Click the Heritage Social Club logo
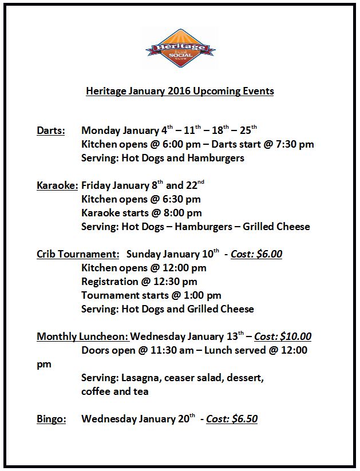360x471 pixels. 180,49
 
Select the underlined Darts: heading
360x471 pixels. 51,130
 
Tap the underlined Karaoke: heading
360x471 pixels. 57,185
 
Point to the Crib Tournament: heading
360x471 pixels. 78,254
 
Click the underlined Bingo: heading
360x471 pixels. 52,419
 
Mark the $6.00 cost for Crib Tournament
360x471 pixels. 269,254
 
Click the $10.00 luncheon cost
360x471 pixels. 298,337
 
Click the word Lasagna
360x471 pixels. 143,378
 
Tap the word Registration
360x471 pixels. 110,282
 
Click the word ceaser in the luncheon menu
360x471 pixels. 185,378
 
